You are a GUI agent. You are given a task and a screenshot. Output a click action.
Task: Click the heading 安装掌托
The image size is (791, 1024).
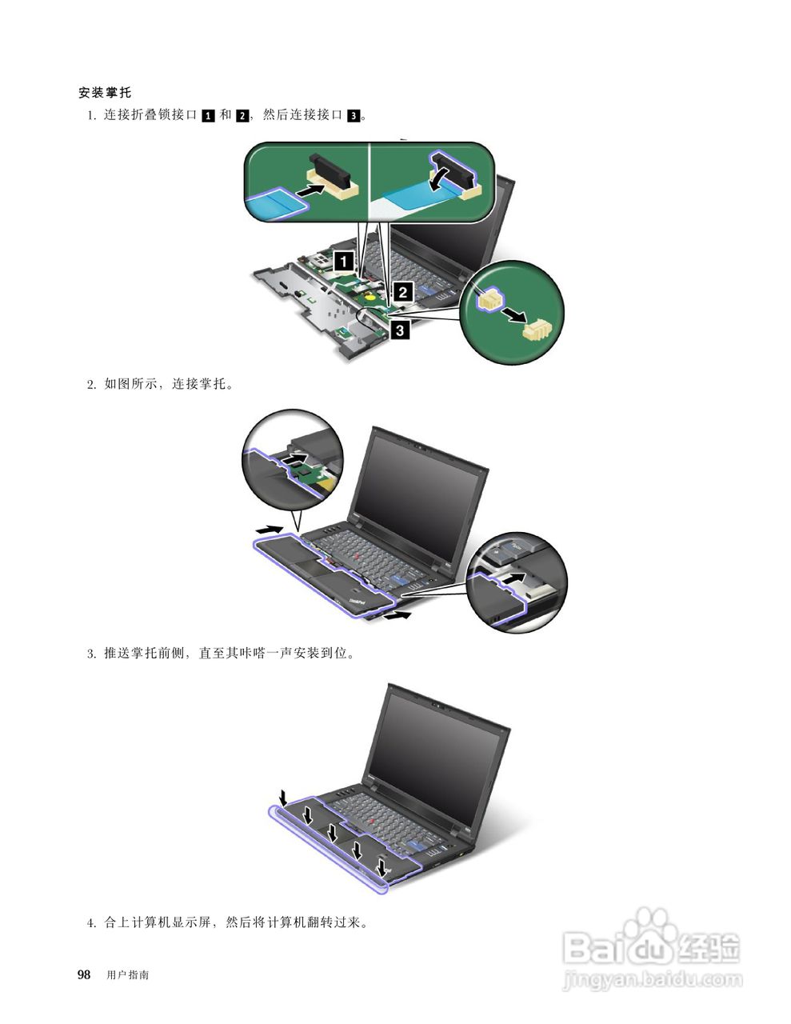105,93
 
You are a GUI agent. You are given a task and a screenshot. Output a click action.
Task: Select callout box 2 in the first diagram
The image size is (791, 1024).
403,292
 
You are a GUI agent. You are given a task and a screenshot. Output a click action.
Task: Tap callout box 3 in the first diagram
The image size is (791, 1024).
400,328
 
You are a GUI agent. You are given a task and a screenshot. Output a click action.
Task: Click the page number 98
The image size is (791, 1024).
83,974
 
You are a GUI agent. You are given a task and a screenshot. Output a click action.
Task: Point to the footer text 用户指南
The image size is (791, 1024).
127,975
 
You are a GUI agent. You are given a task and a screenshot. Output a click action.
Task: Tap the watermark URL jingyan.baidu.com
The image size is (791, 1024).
652,978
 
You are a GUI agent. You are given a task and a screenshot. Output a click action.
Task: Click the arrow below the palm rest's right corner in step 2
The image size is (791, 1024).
398,616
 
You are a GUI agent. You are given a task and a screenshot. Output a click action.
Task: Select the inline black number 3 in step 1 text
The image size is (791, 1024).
354,115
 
